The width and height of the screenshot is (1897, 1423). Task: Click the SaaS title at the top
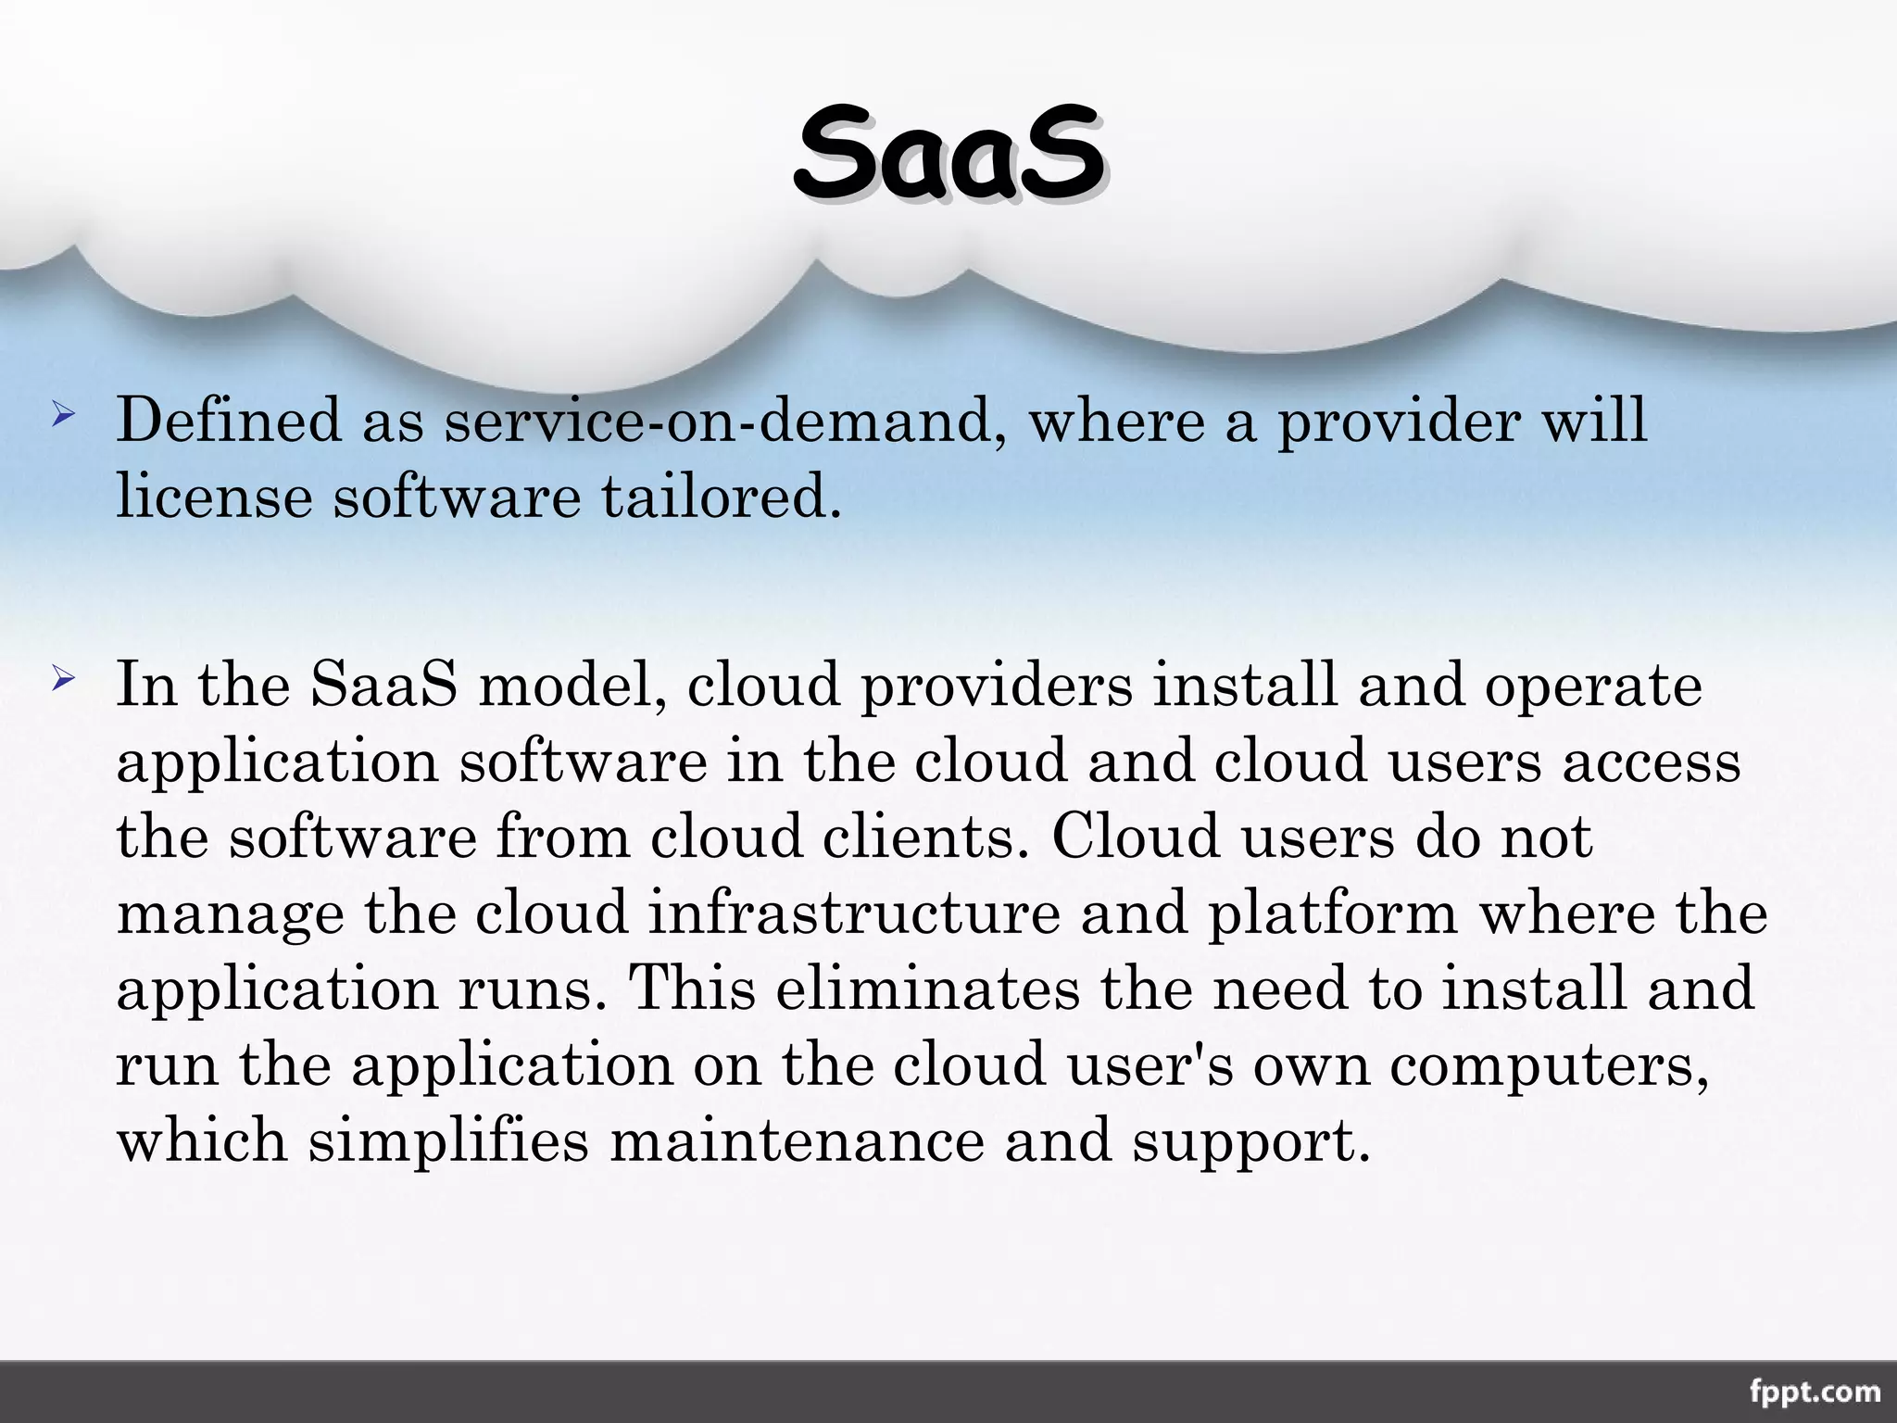(x=948, y=154)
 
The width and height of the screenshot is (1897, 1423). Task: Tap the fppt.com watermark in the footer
(x=1815, y=1392)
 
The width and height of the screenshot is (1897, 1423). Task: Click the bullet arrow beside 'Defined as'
(x=63, y=414)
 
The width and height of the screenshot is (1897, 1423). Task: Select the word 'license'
(x=214, y=497)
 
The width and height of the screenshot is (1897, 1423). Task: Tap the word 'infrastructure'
(x=853, y=913)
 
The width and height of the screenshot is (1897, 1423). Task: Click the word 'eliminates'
(x=927, y=988)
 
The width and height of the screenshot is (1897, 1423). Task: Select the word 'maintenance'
(x=797, y=1140)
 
